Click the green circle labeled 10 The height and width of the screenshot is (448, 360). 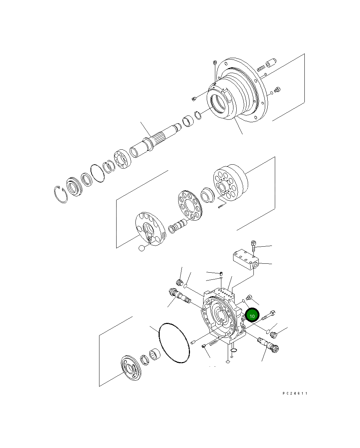pos(252,316)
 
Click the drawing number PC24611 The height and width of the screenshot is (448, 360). pos(294,393)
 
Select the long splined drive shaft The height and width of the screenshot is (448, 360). pos(157,139)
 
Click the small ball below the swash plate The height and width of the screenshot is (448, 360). pos(142,248)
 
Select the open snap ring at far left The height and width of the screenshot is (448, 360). pos(61,194)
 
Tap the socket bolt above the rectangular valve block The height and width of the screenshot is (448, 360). pos(253,245)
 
